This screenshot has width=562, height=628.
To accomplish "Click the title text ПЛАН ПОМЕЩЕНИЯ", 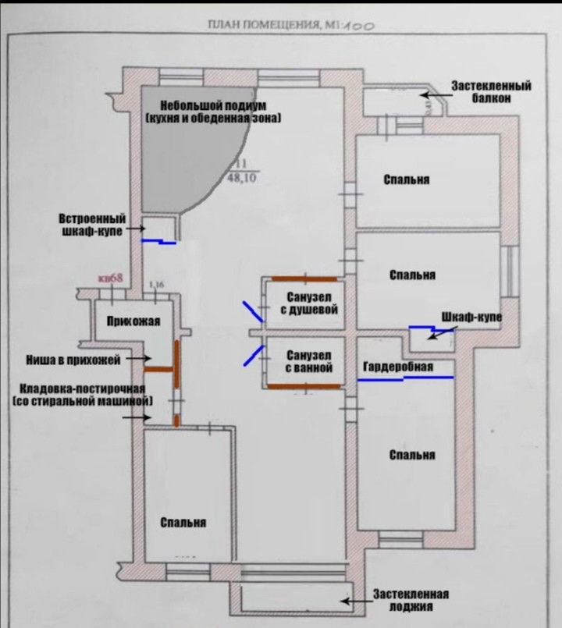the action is click(261, 25).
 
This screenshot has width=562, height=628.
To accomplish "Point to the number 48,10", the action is click(242, 178).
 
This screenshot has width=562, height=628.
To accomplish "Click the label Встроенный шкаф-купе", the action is click(92, 225).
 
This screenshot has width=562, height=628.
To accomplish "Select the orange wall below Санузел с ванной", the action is click(302, 386).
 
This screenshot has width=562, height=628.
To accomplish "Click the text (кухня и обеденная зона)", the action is click(213, 118).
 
